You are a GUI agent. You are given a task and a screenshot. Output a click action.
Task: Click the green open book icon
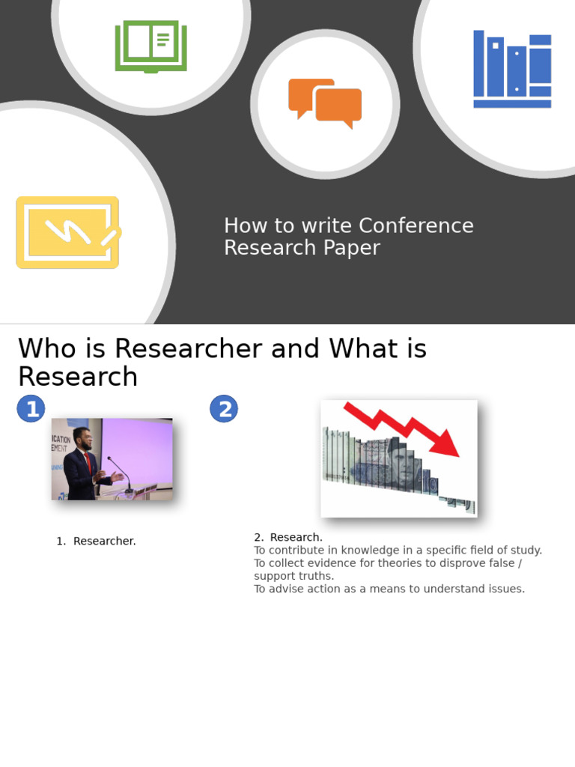click(x=150, y=46)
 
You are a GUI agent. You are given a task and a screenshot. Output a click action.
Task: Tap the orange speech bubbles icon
click(x=325, y=103)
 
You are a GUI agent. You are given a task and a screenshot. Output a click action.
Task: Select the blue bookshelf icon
click(x=512, y=69)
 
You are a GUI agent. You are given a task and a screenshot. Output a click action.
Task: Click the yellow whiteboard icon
click(x=67, y=232)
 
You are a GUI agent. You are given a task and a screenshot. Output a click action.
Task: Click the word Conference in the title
click(x=416, y=225)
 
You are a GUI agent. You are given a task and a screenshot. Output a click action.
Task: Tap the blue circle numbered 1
click(x=31, y=409)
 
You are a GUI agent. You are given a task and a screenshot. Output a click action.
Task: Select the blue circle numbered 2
click(x=224, y=409)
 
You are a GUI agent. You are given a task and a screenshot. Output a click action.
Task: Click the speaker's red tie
click(x=88, y=461)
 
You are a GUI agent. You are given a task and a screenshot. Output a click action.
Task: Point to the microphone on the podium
click(x=120, y=472)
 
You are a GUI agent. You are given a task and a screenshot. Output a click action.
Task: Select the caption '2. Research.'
click(x=288, y=537)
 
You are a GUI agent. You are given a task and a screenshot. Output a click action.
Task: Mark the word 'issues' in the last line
click(x=505, y=589)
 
